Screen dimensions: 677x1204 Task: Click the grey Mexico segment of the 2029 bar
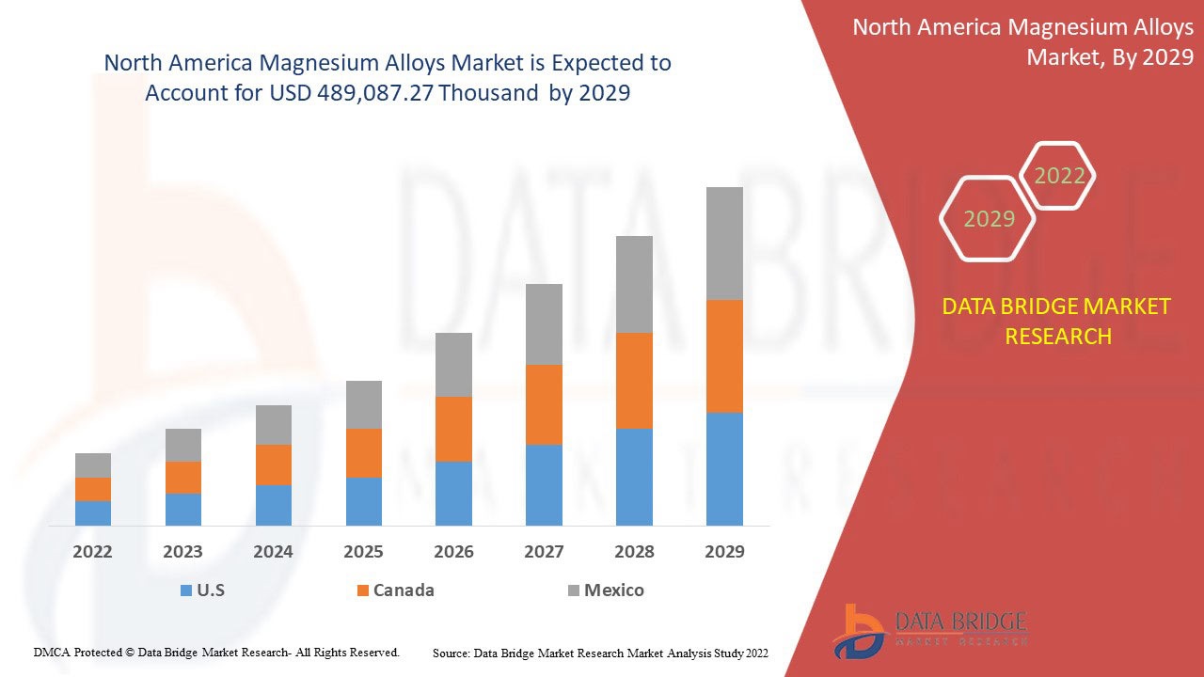pyautogui.click(x=724, y=244)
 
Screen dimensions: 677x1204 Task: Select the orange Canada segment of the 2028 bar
pyautogui.click(x=634, y=380)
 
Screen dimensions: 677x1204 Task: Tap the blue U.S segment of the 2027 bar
pyautogui.click(x=544, y=484)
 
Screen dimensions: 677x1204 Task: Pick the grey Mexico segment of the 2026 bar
pyautogui.click(x=453, y=364)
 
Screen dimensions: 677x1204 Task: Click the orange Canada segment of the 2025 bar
pyautogui.click(x=364, y=452)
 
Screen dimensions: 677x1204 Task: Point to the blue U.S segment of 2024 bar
pyautogui.click(x=274, y=505)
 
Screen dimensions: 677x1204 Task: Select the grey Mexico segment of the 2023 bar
pyautogui.click(x=183, y=445)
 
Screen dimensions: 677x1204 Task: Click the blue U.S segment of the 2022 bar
pyautogui.click(x=93, y=512)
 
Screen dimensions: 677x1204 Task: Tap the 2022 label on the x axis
pyautogui.click(x=93, y=551)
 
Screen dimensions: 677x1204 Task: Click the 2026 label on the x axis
pyautogui.click(x=453, y=551)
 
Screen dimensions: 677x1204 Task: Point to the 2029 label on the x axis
pyautogui.click(x=724, y=551)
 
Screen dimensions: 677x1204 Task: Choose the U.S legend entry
pyautogui.click(x=202, y=590)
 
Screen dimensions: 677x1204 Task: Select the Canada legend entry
pyautogui.click(x=395, y=590)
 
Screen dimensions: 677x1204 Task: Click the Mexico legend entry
pyautogui.click(x=606, y=590)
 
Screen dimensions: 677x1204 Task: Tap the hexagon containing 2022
pyautogui.click(x=1059, y=176)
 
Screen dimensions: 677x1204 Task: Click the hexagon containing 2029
pyautogui.click(x=989, y=219)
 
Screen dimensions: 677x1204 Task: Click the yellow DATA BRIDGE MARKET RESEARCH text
pyautogui.click(x=1057, y=321)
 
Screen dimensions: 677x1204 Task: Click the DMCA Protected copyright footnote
pyautogui.click(x=216, y=652)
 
